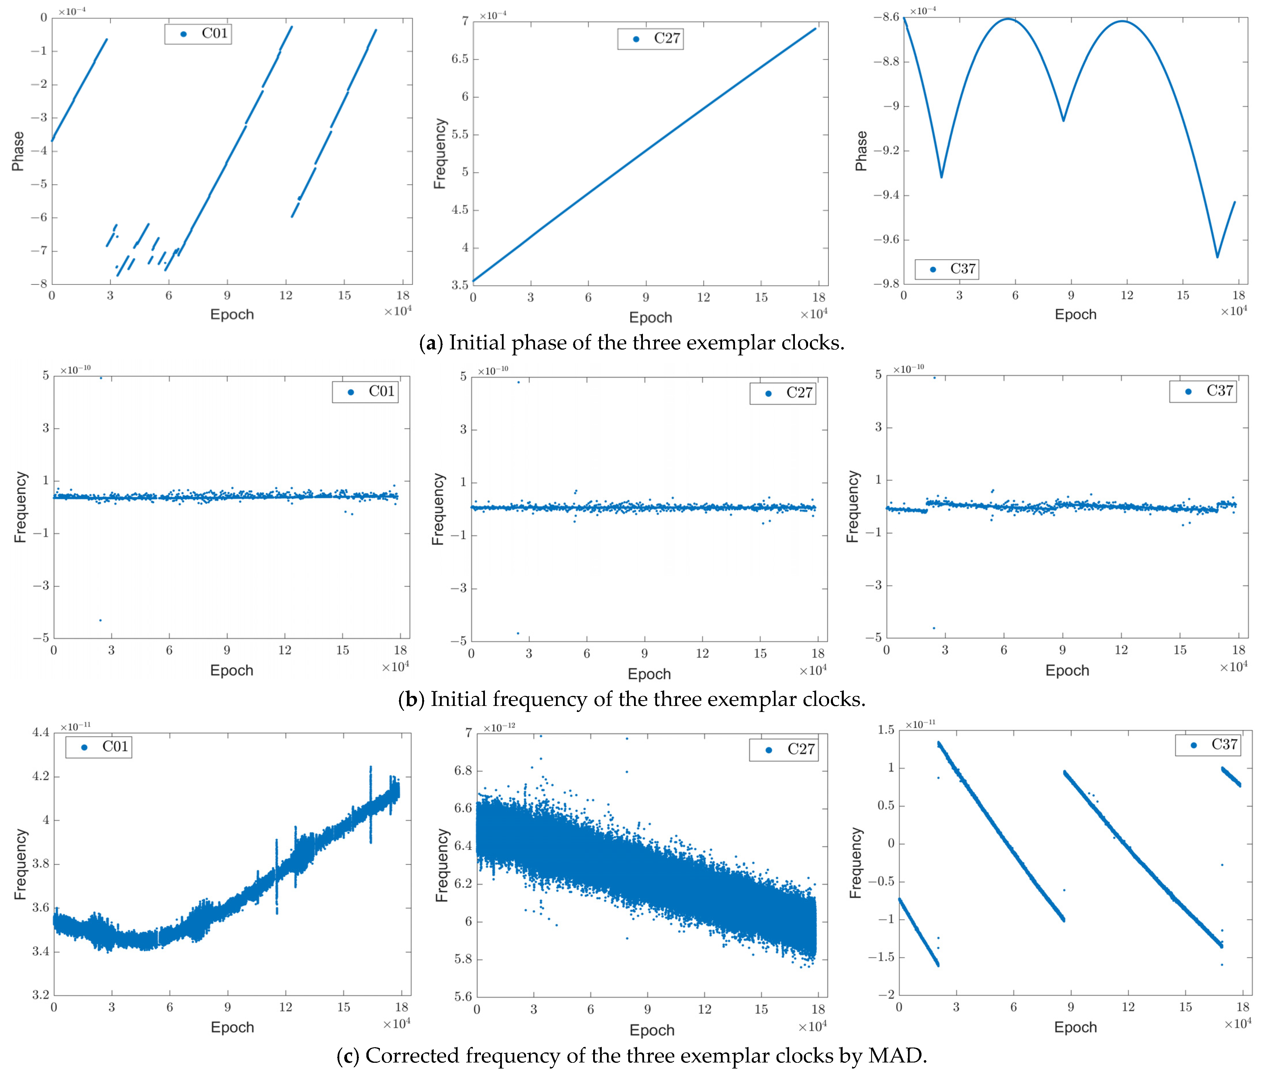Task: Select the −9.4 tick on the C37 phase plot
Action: click(886, 195)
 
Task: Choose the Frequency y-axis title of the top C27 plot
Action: click(439, 153)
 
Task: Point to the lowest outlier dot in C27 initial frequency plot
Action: click(518, 633)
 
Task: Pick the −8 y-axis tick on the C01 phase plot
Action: click(39, 284)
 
